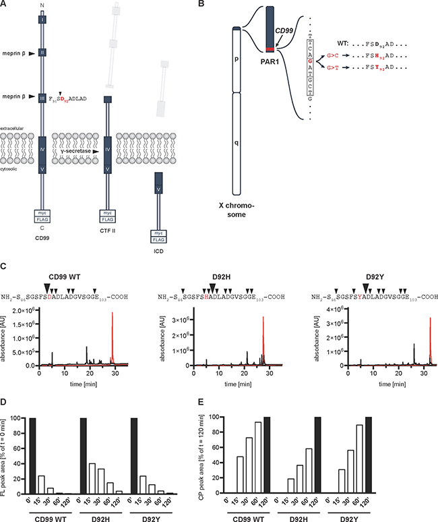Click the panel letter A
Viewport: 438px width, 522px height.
coord(5,5)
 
